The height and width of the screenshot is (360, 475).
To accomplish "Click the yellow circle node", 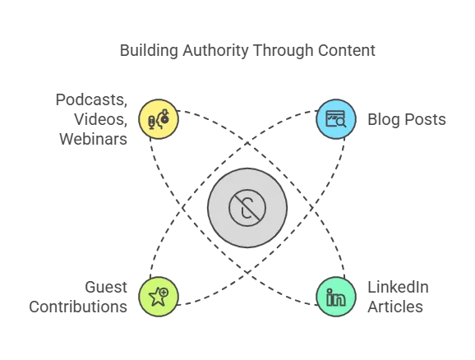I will (158, 119).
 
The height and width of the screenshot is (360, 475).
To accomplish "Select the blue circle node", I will (337, 119).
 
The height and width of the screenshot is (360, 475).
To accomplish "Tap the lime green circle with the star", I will (158, 297).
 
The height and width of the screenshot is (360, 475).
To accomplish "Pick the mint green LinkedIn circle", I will (337, 297).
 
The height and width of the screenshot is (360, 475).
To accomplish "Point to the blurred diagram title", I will (248, 51).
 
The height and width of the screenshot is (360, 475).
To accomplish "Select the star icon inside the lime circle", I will (156, 298).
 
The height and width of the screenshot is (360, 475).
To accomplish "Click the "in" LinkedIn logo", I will (337, 298).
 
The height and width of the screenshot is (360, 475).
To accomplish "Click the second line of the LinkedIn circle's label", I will (398, 307).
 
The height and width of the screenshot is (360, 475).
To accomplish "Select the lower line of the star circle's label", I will (79, 307).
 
